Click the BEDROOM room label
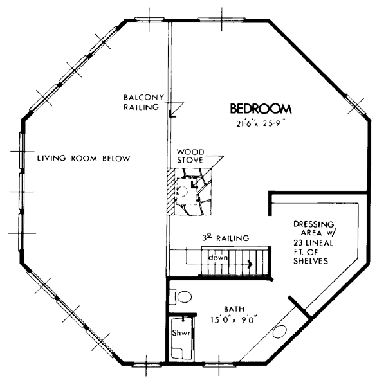261,109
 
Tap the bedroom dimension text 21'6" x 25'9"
261,123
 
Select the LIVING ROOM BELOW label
84,158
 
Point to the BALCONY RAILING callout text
143,102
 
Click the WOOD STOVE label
190,156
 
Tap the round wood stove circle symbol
183,191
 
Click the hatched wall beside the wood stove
170,192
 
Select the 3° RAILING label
226,238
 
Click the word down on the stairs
218,258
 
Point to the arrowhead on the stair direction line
251,264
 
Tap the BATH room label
234,309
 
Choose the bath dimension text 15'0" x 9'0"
234,320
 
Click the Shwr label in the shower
181,333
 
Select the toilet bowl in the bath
185,297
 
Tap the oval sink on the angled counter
279,332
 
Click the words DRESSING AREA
314,228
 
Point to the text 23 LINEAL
313,243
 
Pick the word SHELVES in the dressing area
311,261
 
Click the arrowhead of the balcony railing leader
172,114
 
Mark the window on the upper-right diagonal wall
355,105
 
